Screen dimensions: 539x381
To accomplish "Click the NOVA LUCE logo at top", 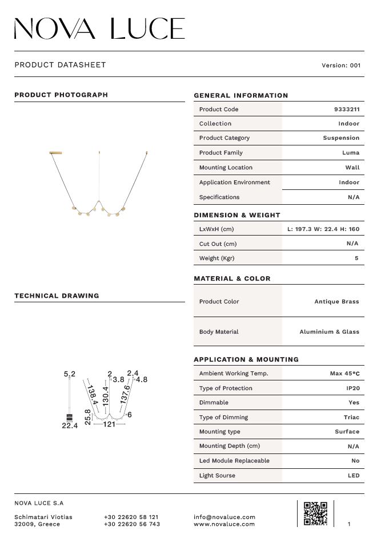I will tap(99, 29).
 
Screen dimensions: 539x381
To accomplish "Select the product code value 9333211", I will tap(347, 110).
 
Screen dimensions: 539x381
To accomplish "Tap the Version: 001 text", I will tap(341, 66).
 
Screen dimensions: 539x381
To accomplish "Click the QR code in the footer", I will tap(315, 513).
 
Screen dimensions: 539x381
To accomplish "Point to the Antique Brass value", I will tap(336, 302).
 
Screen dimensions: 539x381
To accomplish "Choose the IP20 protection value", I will tap(352, 388).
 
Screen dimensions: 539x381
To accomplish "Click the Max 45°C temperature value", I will tap(345, 374).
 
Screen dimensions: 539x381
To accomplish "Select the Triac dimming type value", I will tap(351, 418).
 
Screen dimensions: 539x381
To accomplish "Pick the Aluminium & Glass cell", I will tap(330, 332).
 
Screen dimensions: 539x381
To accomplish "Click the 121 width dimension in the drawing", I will tap(109, 424).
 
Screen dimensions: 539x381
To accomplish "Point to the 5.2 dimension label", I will tap(70, 374).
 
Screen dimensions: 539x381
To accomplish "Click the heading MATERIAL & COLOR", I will tap(232, 279).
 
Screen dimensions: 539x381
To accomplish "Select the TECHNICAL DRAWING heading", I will tap(57, 296).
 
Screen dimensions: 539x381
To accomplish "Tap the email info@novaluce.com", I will tap(224, 517).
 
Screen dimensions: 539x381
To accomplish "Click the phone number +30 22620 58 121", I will tap(131, 517).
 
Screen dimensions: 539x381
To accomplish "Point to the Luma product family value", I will tap(351, 153).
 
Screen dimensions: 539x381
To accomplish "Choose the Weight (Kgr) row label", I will tap(216, 258).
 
